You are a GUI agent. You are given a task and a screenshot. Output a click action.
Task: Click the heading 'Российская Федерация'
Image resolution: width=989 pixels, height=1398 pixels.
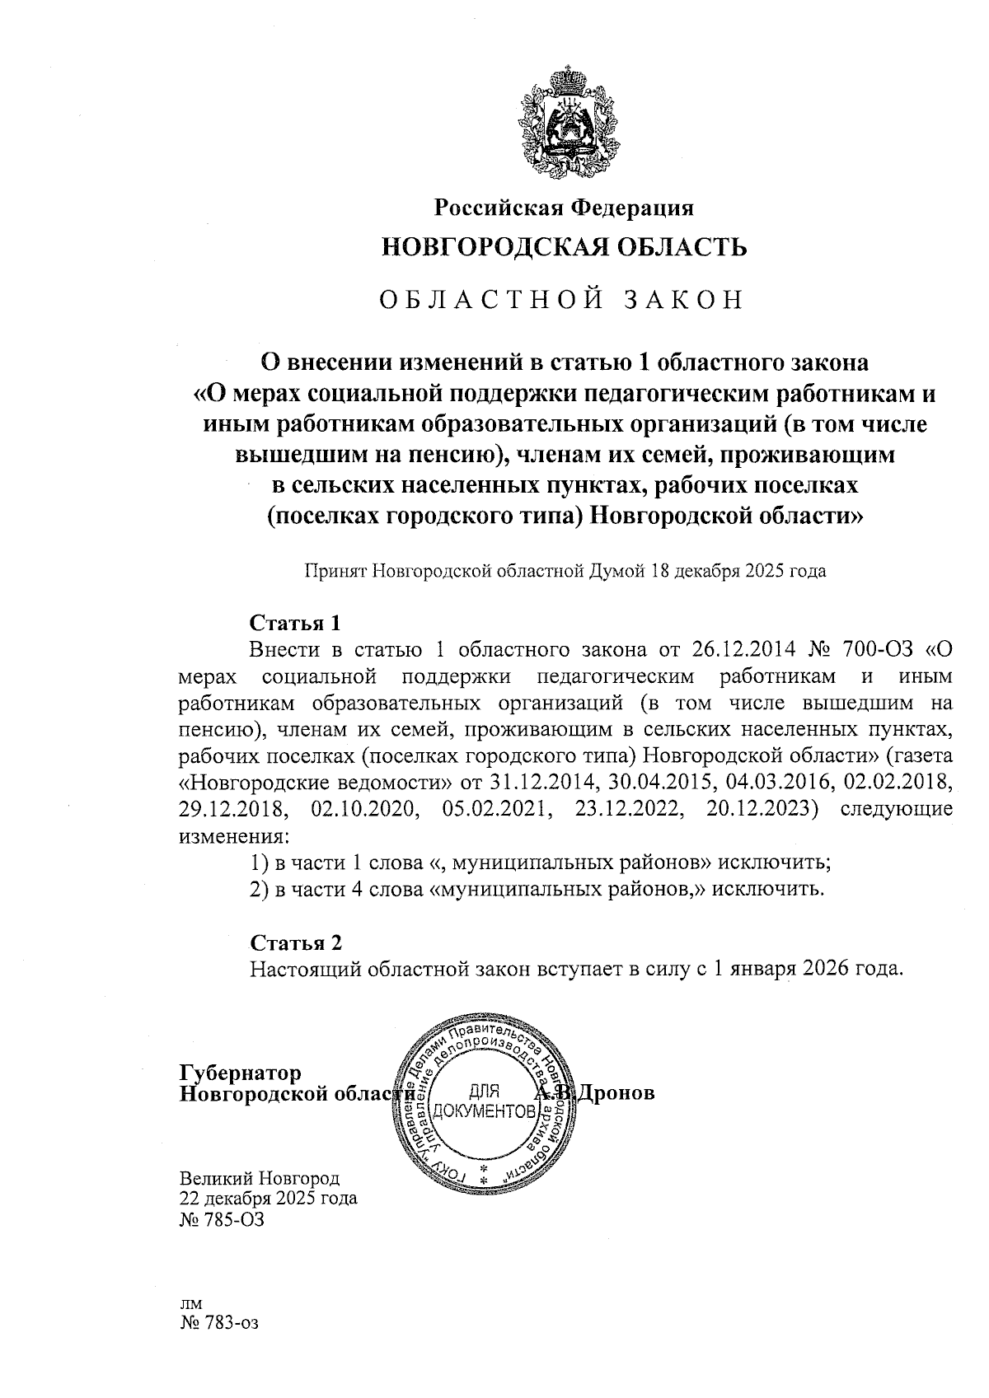(565, 208)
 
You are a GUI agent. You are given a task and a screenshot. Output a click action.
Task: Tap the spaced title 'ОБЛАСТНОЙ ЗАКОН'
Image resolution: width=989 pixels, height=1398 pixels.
(561, 300)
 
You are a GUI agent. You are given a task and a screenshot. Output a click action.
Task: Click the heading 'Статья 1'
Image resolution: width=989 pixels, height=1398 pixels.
(294, 620)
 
